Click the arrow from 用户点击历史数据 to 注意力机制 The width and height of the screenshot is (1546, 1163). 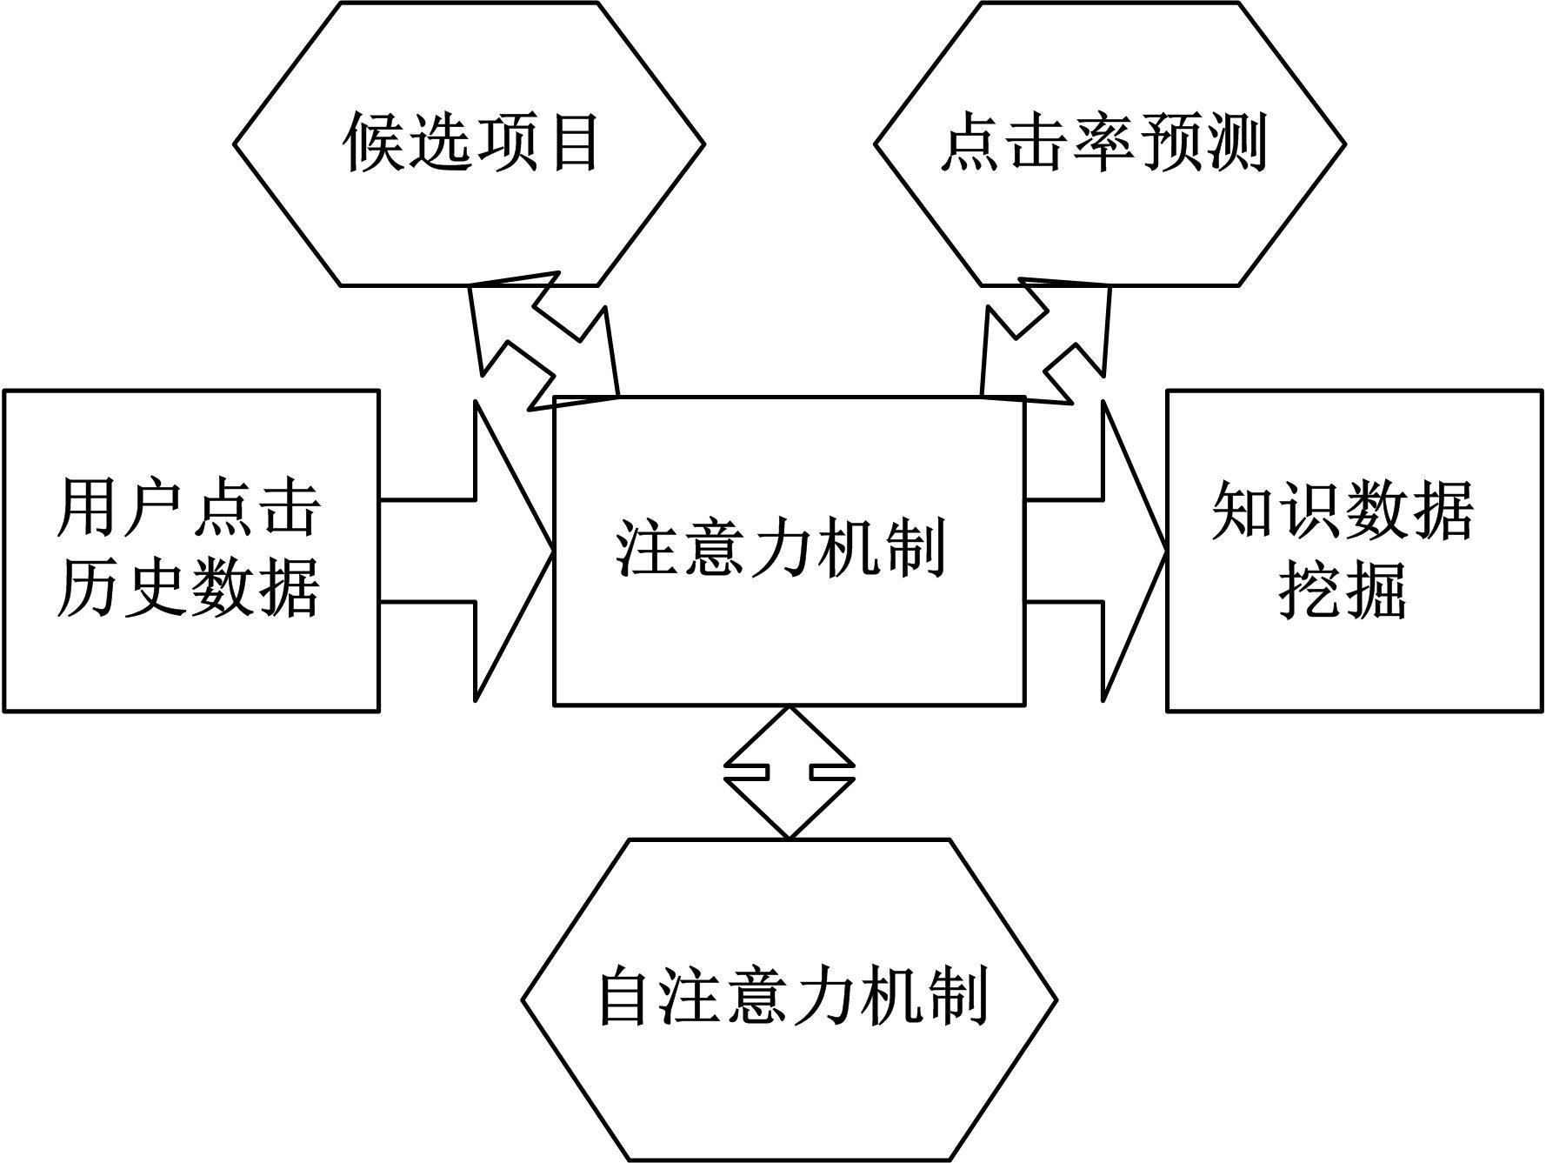(487, 551)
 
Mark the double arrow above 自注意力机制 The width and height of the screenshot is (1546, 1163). (790, 772)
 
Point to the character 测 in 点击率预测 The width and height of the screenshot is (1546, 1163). (1236, 142)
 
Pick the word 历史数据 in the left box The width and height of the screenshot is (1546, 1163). (190, 587)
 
